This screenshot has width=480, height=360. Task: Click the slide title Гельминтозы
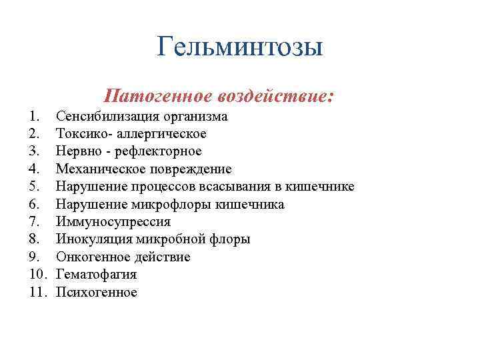point(240,47)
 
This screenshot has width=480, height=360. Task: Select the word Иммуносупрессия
point(113,222)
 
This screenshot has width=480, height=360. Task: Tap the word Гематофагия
point(96,275)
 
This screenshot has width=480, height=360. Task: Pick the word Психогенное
point(97,292)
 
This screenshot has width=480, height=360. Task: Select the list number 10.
point(38,275)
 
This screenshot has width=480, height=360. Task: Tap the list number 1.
point(35,117)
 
